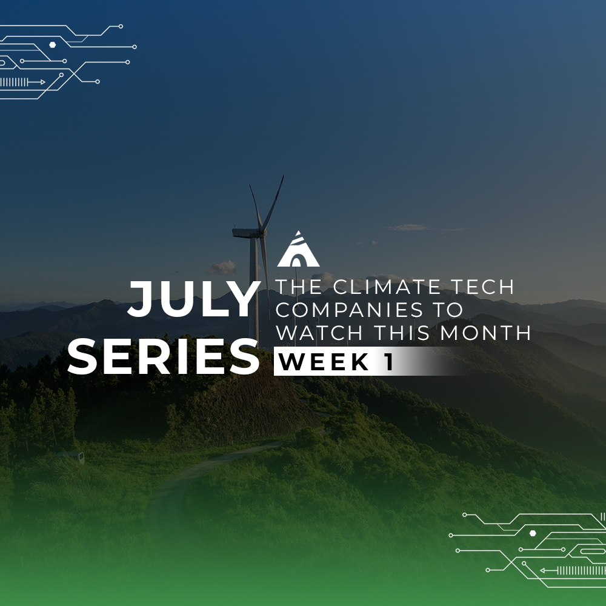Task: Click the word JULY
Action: coord(194,299)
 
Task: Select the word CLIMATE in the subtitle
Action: coord(386,287)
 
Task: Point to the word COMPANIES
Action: coord(350,310)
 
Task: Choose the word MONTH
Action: coord(485,333)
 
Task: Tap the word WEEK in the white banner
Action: coord(323,362)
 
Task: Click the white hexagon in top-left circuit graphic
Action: coord(53,45)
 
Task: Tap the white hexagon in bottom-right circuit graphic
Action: coord(533,533)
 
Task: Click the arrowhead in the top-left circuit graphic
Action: coord(42,82)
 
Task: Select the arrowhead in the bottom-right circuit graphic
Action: coord(542,570)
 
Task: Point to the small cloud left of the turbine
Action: coord(221,267)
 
